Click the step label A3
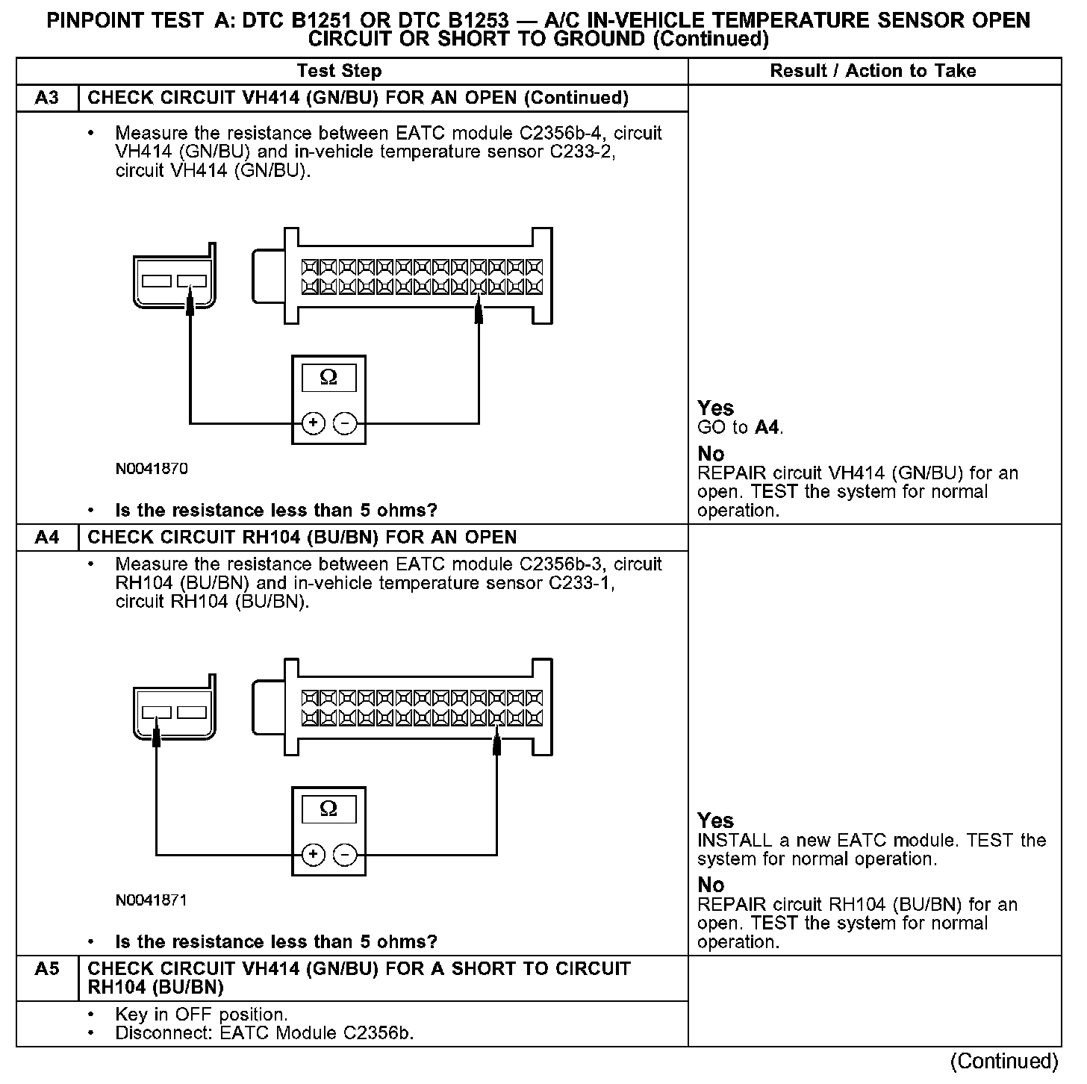point(47,98)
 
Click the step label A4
point(47,537)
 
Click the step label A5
point(47,969)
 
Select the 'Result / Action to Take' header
point(873,71)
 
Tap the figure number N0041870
point(152,469)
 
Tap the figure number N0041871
point(152,900)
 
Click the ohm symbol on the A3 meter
point(328,378)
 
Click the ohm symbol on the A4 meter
point(328,809)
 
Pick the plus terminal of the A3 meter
point(314,424)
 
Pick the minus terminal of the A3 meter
point(345,424)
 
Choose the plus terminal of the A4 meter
point(314,855)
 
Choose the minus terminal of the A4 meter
point(345,855)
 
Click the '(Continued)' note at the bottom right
point(1004,1061)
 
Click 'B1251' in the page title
point(326,20)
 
